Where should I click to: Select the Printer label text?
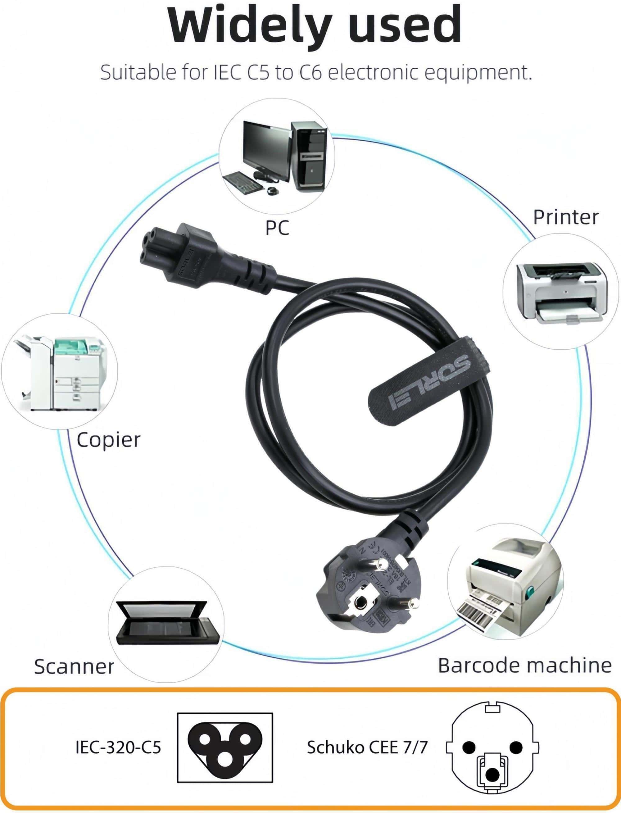pyautogui.click(x=565, y=217)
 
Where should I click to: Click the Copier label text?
pyautogui.click(x=108, y=440)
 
